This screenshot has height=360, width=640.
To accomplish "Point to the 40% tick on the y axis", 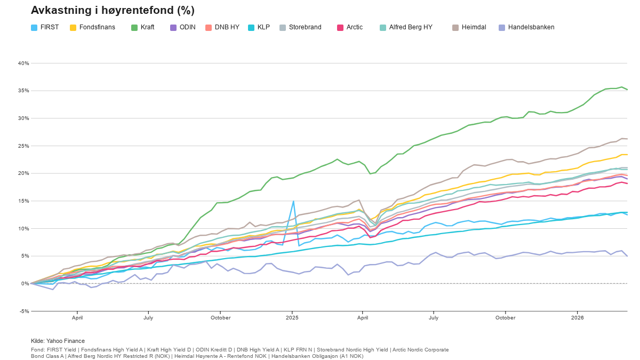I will (x=23, y=63).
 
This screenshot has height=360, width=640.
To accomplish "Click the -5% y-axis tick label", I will (x=23, y=311).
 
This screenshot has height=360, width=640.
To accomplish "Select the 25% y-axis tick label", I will (x=23, y=146).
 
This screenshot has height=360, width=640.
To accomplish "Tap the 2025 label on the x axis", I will (x=292, y=318).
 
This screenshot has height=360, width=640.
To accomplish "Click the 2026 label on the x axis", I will (x=577, y=318).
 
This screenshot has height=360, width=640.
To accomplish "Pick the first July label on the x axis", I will (x=148, y=318).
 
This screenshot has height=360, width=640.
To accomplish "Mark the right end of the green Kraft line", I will (x=627, y=90).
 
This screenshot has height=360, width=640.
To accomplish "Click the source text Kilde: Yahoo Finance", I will (x=58, y=341).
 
